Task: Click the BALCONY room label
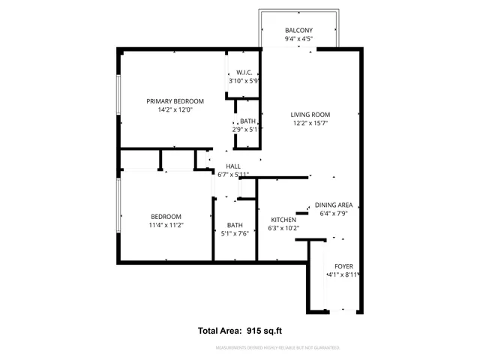click(x=298, y=30)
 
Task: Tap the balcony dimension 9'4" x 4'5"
click(x=298, y=39)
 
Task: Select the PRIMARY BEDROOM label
click(x=175, y=101)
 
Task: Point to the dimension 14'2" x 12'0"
click(x=175, y=110)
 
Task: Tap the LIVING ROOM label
click(x=310, y=115)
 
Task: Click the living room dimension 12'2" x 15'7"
click(x=310, y=124)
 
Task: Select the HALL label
click(x=233, y=166)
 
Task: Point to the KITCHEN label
click(x=283, y=220)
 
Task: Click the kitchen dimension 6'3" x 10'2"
click(x=283, y=229)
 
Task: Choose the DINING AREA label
click(x=334, y=205)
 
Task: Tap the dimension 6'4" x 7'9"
click(x=334, y=214)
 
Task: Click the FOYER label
click(x=343, y=266)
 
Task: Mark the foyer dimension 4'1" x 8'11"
click(x=343, y=275)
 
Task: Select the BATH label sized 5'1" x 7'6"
click(x=235, y=224)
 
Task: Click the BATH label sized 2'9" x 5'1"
click(x=247, y=121)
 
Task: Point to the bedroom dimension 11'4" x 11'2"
click(x=166, y=225)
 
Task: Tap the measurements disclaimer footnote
click(x=277, y=348)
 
